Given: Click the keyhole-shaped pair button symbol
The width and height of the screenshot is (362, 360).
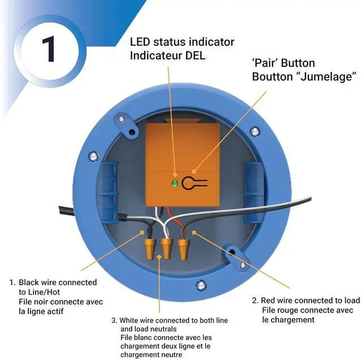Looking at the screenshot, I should tap(195, 183).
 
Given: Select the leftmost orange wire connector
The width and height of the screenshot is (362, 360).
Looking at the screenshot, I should tap(151, 248).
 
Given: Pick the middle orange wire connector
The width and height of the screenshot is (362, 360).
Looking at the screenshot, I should tap(167, 248).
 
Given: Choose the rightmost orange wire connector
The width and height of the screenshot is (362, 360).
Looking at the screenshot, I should tap(183, 248).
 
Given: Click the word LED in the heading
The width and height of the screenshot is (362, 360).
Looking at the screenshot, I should tap(141, 42).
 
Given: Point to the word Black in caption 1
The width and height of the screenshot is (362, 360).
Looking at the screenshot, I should tap(29, 282).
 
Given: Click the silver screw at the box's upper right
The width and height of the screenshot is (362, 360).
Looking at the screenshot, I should tap(255, 131).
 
